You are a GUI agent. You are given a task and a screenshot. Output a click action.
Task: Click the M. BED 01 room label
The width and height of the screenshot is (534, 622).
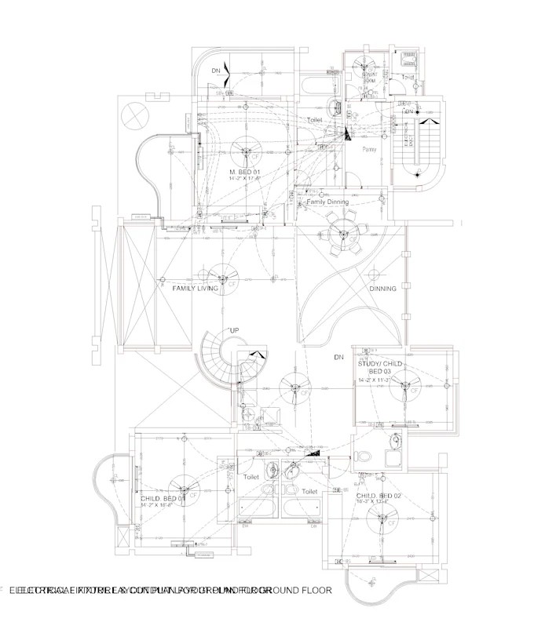point(244,171)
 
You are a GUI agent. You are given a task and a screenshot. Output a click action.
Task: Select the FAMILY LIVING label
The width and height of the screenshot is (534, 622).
point(195,289)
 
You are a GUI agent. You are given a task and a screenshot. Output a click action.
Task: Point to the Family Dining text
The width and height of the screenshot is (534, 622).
point(327,202)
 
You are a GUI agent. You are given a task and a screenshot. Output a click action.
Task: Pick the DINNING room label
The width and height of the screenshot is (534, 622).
point(382,289)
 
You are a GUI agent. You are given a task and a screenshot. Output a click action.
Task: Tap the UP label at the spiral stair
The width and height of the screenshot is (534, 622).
point(233,331)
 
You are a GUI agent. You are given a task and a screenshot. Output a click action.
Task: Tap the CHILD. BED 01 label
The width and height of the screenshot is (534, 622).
point(163,498)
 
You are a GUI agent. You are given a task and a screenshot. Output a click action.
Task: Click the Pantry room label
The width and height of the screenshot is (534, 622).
point(369,149)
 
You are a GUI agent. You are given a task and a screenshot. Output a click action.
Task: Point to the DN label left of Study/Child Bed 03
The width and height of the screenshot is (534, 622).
point(339,358)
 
